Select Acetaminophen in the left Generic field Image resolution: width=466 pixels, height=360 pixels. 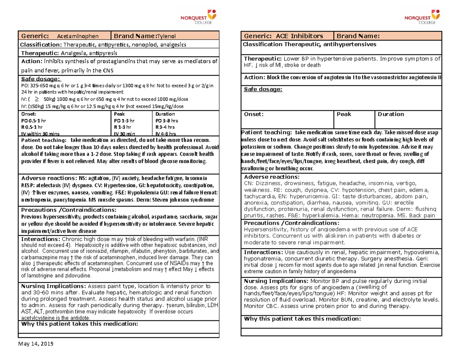(78, 37)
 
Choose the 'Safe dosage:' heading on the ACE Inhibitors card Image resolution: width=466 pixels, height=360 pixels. (263, 90)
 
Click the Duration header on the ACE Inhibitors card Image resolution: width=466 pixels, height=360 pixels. (391, 114)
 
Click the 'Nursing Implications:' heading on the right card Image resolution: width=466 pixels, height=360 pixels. (275, 280)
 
